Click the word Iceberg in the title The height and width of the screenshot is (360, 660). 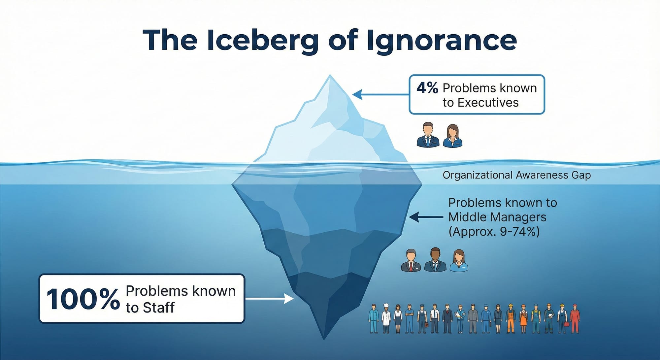click(263, 40)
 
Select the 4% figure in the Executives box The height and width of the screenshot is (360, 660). click(427, 88)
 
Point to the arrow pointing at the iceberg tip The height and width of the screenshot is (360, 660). click(379, 95)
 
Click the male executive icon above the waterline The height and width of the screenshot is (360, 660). click(428, 135)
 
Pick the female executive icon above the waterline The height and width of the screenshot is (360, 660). click(453, 136)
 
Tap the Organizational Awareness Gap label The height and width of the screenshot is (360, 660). click(516, 175)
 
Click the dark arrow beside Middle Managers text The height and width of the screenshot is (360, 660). click(426, 217)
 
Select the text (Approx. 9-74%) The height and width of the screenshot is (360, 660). click(494, 232)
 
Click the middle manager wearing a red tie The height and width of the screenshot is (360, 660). click(411, 260)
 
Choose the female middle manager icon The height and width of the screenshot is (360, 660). click(459, 260)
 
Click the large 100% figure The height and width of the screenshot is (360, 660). click(83, 299)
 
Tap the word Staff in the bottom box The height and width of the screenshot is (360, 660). click(159, 308)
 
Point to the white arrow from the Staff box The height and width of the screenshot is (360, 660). click(269, 299)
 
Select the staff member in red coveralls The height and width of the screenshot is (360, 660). click(575, 318)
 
